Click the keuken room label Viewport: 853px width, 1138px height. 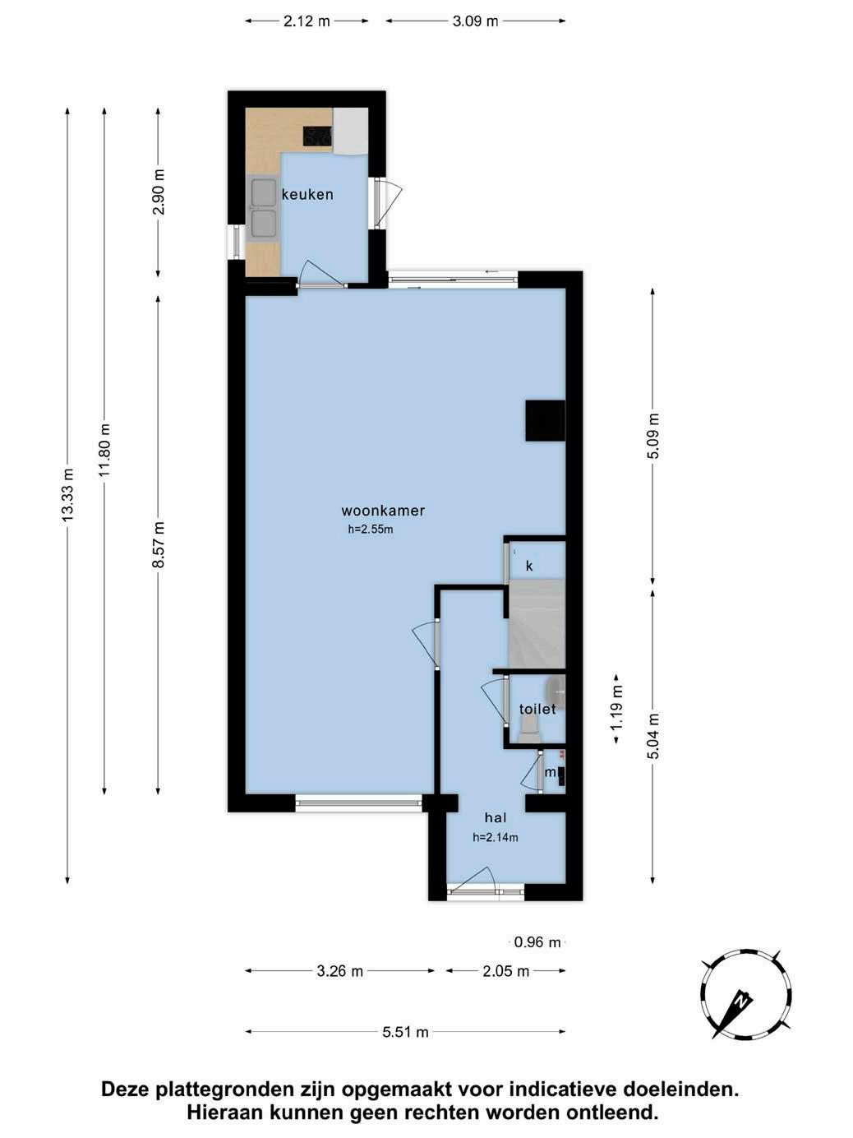tap(307, 194)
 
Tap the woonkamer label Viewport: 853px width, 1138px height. tap(383, 510)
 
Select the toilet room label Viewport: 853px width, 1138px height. tap(537, 709)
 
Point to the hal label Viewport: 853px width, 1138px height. tap(496, 817)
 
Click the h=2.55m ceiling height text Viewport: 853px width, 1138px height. tap(371, 530)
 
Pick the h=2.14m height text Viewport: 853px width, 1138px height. tap(496, 837)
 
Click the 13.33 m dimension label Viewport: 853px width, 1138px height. tap(67, 494)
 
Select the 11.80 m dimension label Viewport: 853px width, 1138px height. tap(104, 451)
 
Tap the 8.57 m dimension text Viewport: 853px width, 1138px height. tap(158, 544)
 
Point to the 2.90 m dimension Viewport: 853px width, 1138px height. tap(158, 192)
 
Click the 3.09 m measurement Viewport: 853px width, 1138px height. tap(475, 21)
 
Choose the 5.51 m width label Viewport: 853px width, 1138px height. tap(405, 1032)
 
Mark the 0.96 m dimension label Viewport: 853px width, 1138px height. tap(537, 942)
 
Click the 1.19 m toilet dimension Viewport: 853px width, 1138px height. tap(616, 709)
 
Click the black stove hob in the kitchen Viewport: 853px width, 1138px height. tap(317, 136)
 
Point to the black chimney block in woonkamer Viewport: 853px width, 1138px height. tap(545, 420)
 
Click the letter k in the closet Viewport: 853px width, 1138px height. tap(528, 566)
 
